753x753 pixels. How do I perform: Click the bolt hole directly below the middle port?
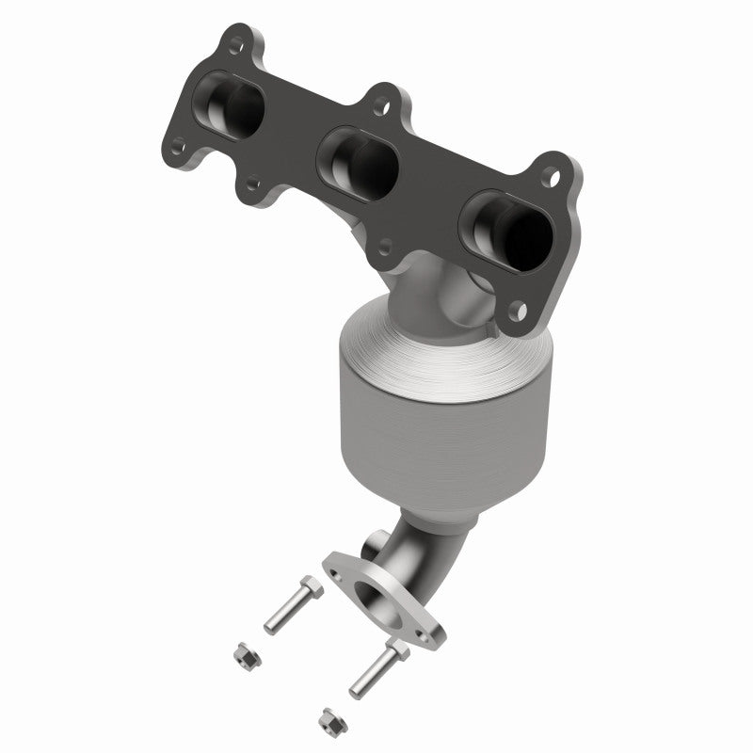coord(384,247)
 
